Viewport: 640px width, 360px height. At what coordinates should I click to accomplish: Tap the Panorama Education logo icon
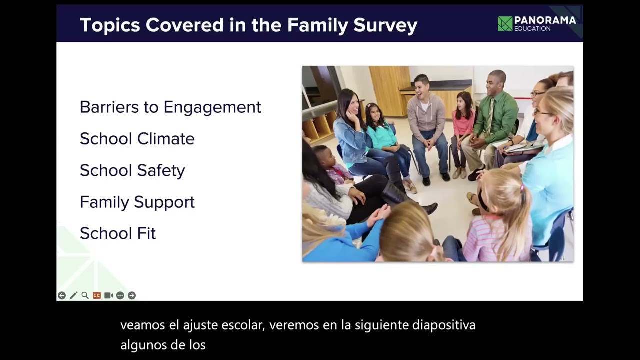pos(505,23)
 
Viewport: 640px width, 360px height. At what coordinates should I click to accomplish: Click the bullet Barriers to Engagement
pos(170,107)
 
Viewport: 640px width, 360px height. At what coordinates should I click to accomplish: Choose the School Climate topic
pos(137,139)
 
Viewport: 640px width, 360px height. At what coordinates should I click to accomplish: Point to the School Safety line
pos(132,170)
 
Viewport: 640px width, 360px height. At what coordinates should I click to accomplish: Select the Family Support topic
pos(137,202)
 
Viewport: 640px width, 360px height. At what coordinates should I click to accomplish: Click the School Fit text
pos(118,233)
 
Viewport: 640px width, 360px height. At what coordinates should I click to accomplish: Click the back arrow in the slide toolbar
pos(62,295)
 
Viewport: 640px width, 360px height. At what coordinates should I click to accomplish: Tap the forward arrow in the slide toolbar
pos(132,295)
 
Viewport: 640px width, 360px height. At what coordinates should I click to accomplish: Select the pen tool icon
pos(73,295)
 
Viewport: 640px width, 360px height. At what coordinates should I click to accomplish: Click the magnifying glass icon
pos(85,295)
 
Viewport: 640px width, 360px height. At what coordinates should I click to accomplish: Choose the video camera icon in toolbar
pos(108,295)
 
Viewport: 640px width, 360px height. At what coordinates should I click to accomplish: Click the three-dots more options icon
pos(120,295)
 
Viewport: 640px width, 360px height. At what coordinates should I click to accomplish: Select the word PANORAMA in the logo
pos(545,20)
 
